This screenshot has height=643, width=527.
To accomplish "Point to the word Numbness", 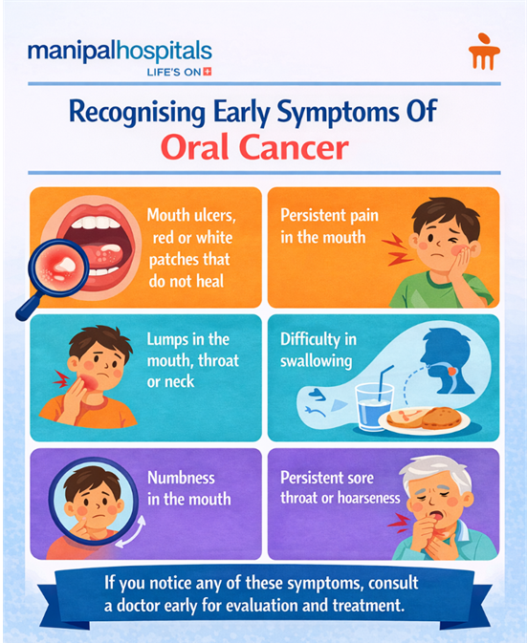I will (182, 477).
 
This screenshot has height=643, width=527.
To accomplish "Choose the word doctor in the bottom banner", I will (148, 606).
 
